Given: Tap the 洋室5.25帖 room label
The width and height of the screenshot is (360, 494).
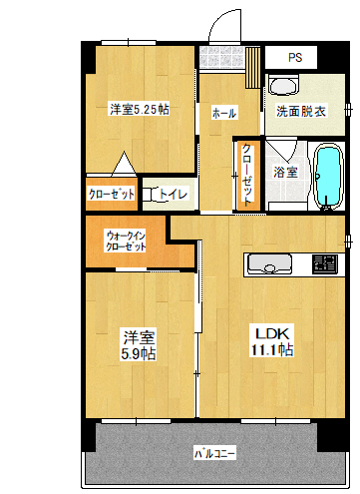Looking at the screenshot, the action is (x=140, y=109).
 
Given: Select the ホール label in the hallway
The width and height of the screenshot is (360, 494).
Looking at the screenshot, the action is (x=224, y=113).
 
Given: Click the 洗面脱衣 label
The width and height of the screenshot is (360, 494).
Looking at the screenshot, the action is (x=301, y=111).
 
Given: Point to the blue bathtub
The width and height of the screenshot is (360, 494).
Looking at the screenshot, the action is (x=328, y=176).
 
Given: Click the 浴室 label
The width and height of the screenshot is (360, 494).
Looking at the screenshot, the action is (x=285, y=172).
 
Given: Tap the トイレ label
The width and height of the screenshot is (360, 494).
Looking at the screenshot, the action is (x=173, y=194).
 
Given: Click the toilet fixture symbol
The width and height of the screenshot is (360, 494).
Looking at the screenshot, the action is (x=151, y=195).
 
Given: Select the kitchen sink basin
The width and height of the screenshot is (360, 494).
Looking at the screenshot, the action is (x=270, y=263).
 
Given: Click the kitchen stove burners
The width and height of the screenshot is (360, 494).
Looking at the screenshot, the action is (x=325, y=264).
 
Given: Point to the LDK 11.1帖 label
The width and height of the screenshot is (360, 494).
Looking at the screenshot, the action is (x=272, y=342).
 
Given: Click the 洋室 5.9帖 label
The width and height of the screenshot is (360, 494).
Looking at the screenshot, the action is (x=139, y=345).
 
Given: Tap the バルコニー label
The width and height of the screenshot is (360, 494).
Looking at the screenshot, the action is (x=215, y=453).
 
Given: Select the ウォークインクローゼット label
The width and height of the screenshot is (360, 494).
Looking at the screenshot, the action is (x=126, y=242).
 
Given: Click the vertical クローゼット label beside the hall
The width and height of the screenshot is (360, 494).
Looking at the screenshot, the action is (x=247, y=175).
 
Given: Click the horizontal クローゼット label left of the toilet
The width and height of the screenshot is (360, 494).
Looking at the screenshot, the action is (x=112, y=194).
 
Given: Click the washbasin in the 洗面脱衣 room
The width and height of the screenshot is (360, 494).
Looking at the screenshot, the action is (x=283, y=85).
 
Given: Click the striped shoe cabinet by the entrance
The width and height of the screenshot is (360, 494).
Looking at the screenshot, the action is (x=252, y=67).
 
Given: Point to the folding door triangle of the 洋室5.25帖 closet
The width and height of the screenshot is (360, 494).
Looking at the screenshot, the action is (x=124, y=163).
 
